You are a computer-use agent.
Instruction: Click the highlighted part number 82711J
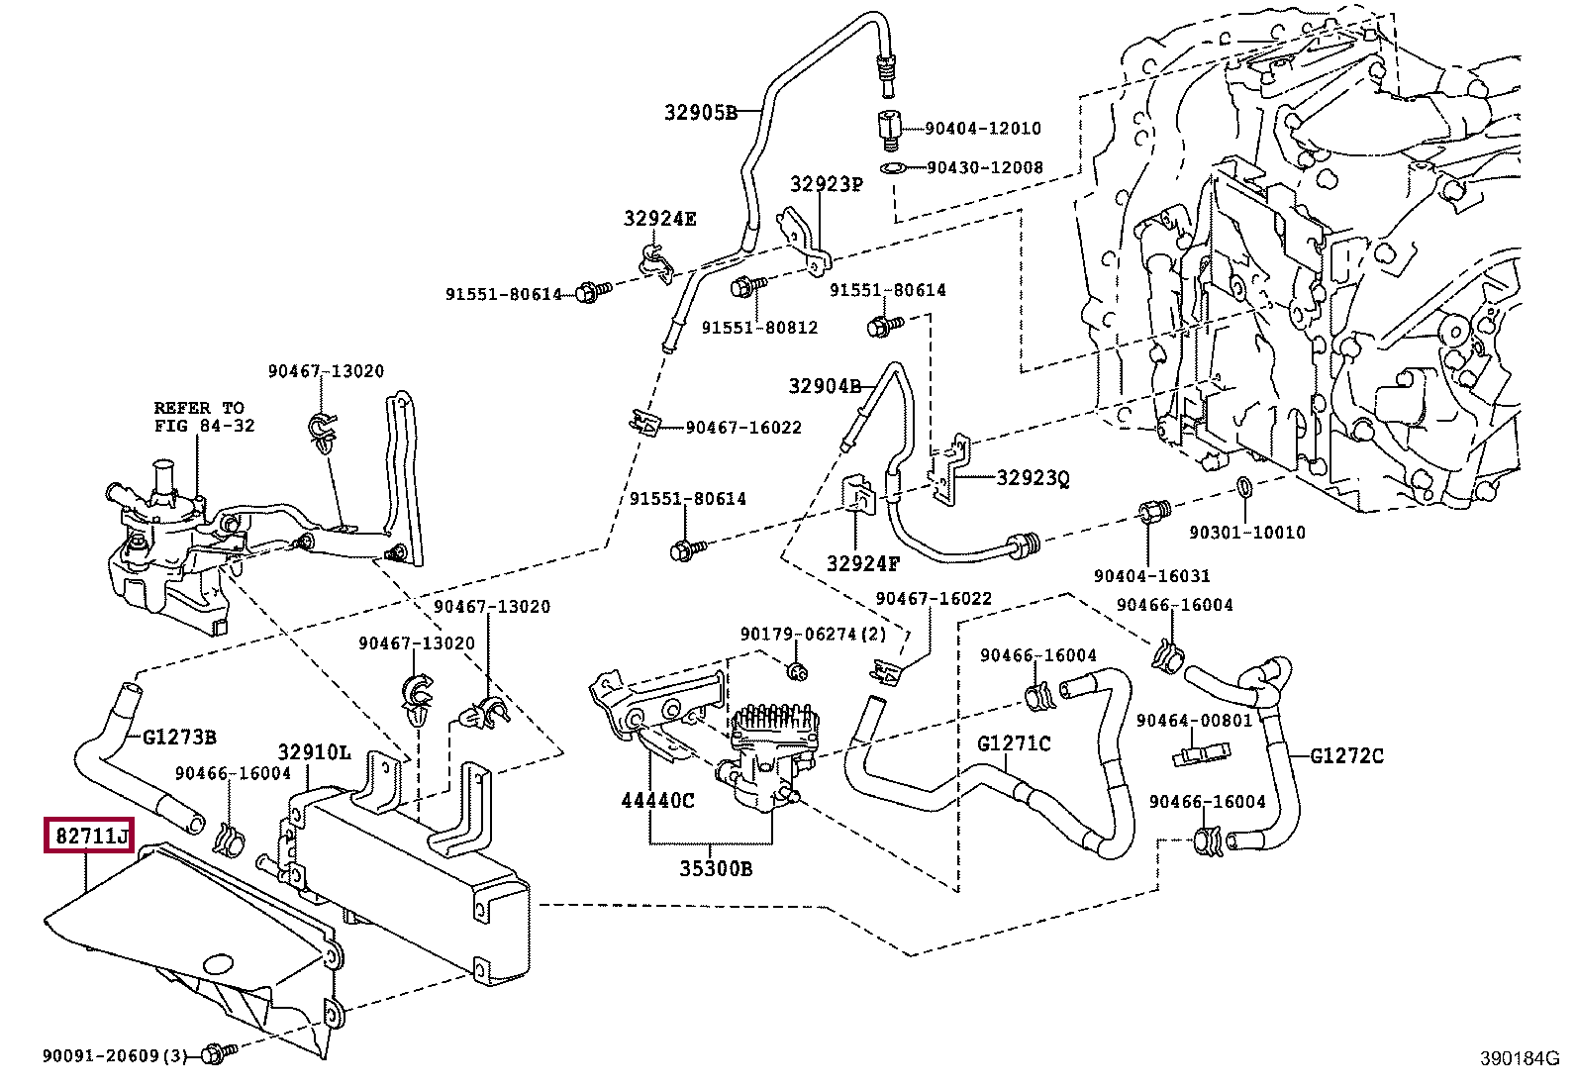coord(90,838)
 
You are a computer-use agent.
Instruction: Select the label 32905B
coord(701,112)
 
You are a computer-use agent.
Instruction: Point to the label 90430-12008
coord(984,167)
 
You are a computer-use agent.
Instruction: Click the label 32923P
coord(826,184)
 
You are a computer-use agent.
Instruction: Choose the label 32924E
coord(659,219)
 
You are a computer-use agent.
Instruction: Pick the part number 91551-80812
coord(759,327)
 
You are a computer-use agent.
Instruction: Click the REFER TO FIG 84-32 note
coord(204,417)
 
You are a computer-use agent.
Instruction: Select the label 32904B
coord(825,385)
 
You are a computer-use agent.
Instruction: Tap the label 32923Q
coord(1033,478)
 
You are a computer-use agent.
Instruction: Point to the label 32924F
coord(863,564)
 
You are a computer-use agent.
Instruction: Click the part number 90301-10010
coord(1247,532)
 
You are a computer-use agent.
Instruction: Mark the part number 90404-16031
coord(1151,575)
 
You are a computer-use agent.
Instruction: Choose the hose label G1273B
coord(179,737)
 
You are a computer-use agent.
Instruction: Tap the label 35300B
coord(715,869)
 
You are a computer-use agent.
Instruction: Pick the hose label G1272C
coord(1346,756)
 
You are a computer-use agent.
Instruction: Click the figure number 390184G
coord(1519,1058)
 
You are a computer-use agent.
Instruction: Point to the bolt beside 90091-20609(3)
coord(214,1054)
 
